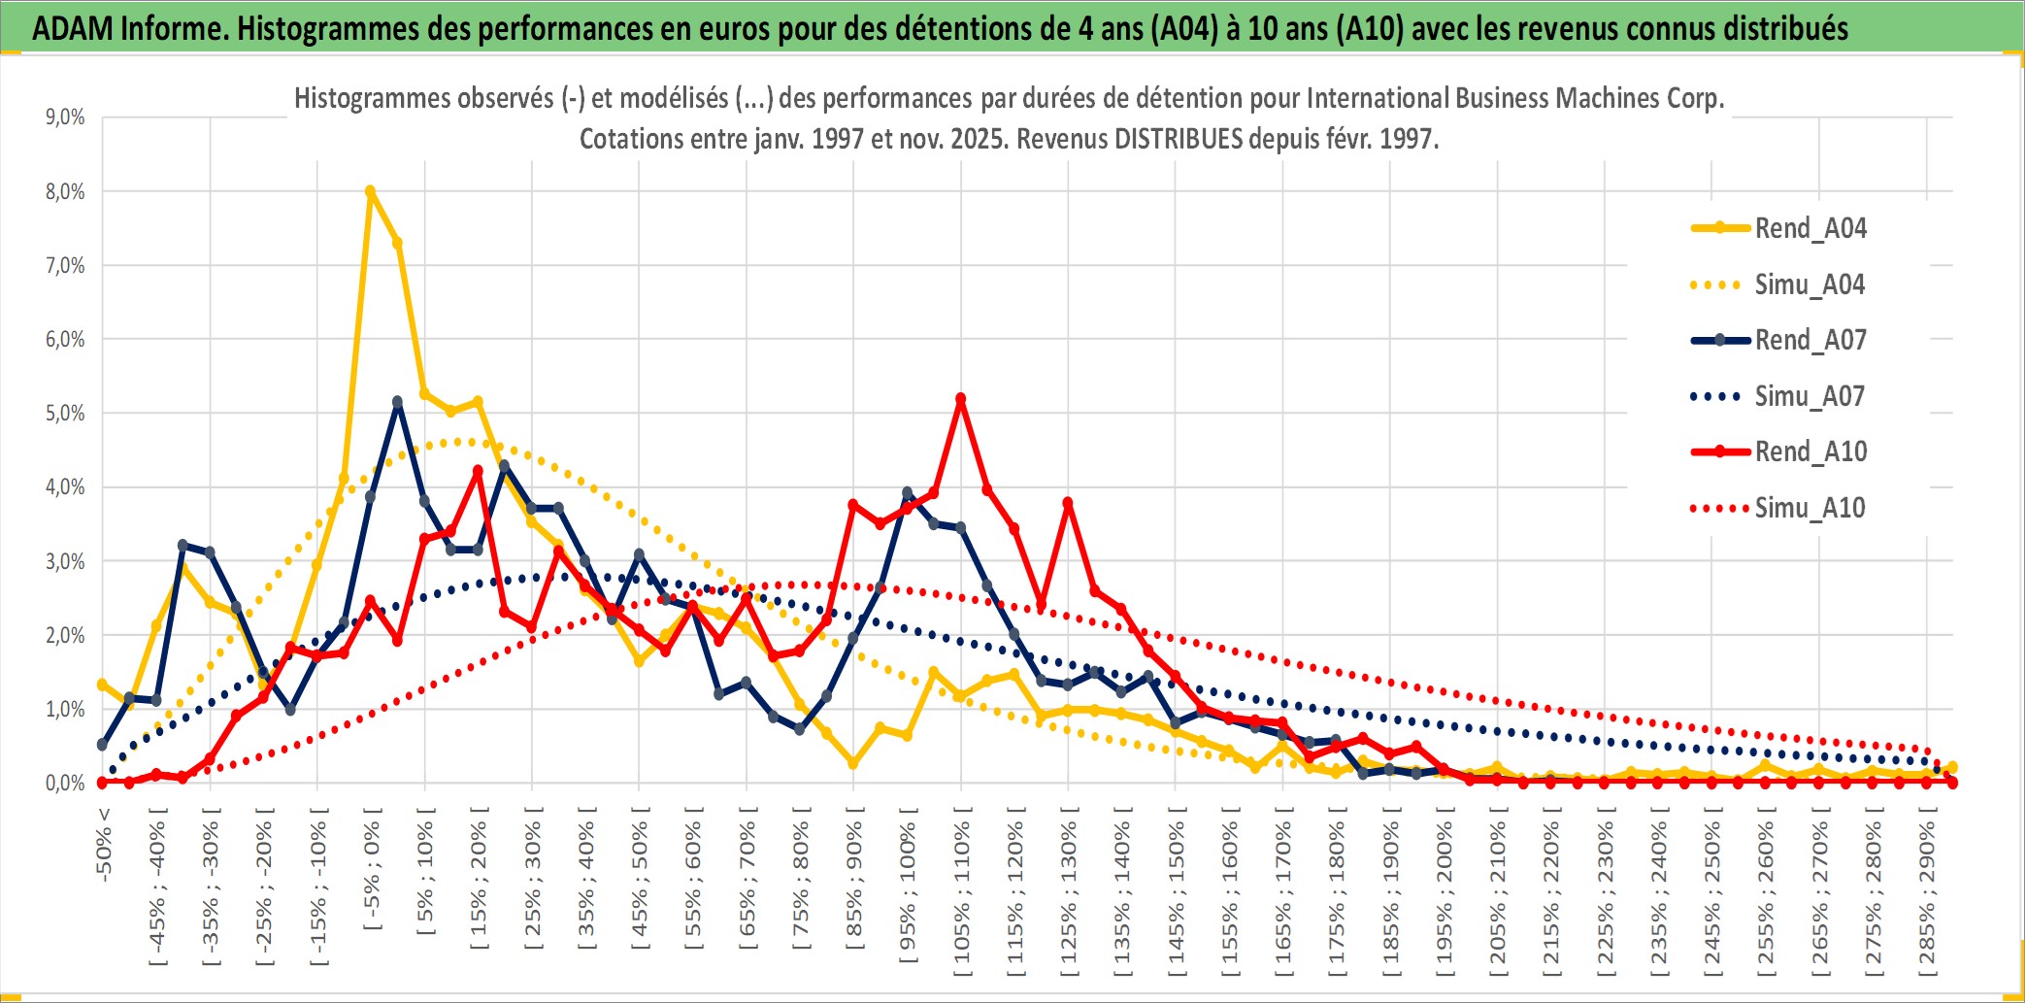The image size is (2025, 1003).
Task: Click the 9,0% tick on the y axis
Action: coord(65,117)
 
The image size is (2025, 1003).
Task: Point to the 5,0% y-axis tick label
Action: coord(65,414)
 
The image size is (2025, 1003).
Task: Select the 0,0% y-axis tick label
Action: coord(65,783)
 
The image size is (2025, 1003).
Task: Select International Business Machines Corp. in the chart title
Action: coord(1514,98)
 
